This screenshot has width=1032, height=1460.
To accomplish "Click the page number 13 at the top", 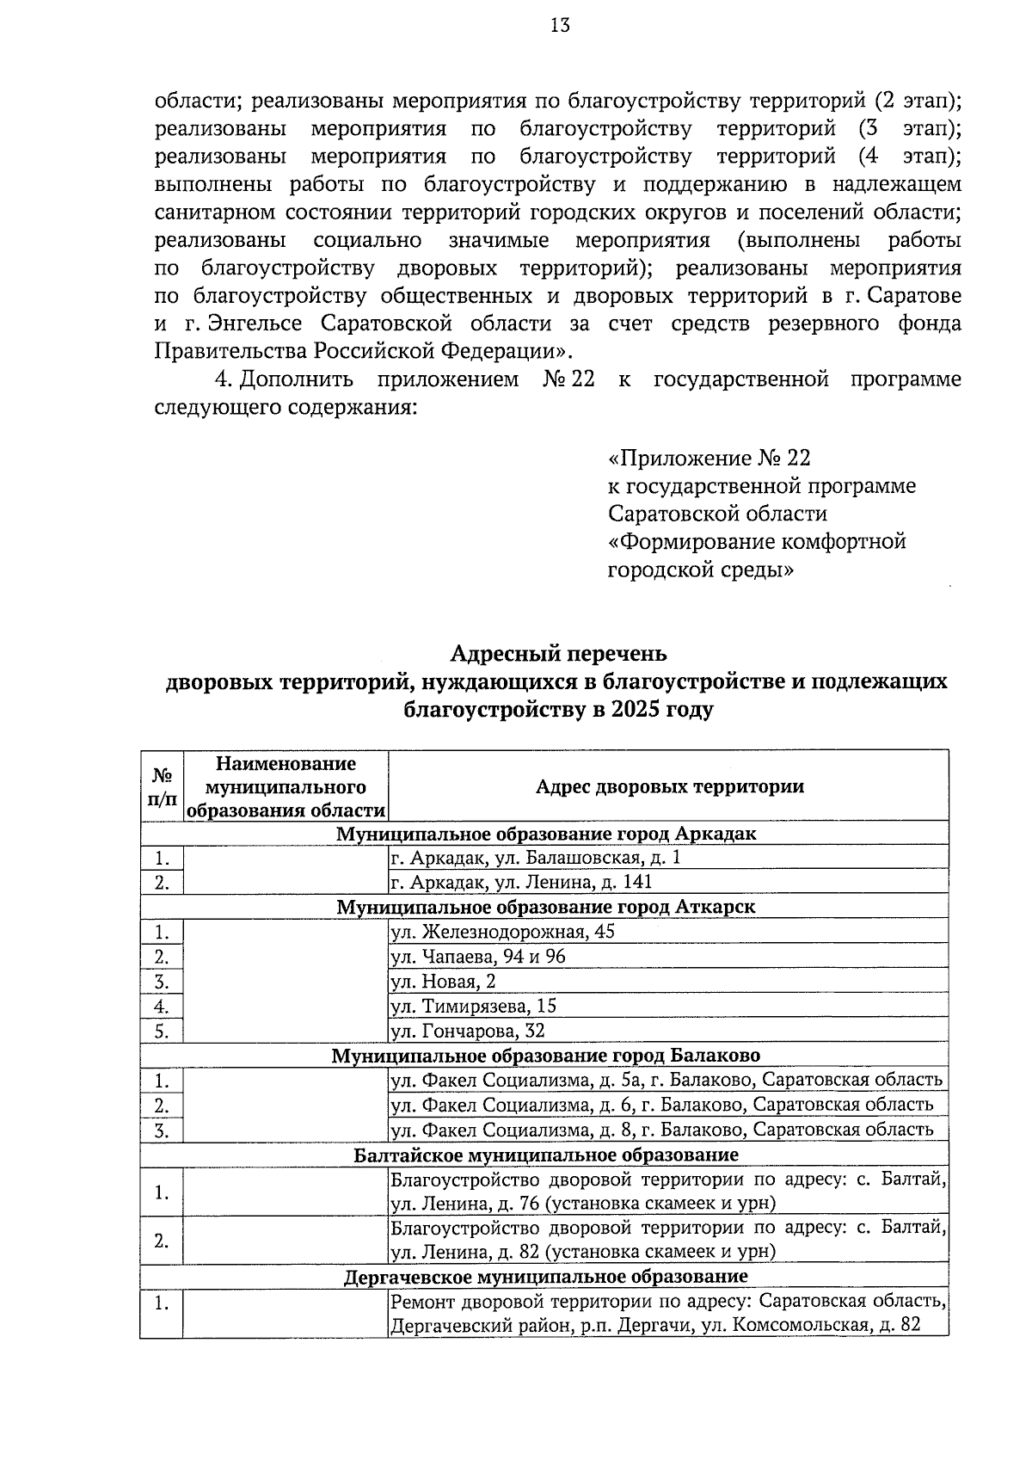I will (x=560, y=25).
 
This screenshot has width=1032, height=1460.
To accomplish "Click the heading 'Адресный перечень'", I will (x=559, y=653).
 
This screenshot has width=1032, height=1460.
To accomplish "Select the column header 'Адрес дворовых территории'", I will (x=669, y=786).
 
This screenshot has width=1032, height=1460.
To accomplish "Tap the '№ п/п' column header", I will (x=162, y=786).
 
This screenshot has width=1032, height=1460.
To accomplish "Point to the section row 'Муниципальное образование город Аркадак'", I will (x=545, y=834).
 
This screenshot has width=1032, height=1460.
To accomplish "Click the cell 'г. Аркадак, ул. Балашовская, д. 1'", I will (x=534, y=858).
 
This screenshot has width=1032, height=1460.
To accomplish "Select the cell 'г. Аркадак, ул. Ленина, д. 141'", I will (x=521, y=882).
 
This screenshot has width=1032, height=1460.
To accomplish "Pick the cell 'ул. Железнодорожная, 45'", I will (x=502, y=932).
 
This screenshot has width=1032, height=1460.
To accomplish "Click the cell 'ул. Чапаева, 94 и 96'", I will (x=477, y=957).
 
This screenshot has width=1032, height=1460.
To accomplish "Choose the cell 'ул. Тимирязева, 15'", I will (x=473, y=1006).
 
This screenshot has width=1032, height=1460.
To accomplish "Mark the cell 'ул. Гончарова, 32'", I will (x=467, y=1031).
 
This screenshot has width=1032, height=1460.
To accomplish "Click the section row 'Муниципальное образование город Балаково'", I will (x=545, y=1055).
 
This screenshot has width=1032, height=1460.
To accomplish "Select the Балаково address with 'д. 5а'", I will (x=666, y=1080).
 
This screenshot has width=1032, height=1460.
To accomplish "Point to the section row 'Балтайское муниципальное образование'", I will (x=545, y=1154).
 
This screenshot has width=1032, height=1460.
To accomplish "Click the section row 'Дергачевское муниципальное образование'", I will (x=545, y=1276).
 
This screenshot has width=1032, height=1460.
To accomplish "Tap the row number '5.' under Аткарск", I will (x=162, y=1031).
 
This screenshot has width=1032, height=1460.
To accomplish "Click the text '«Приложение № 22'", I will (x=709, y=458).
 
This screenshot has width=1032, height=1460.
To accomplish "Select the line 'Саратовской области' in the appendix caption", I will (x=717, y=514).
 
